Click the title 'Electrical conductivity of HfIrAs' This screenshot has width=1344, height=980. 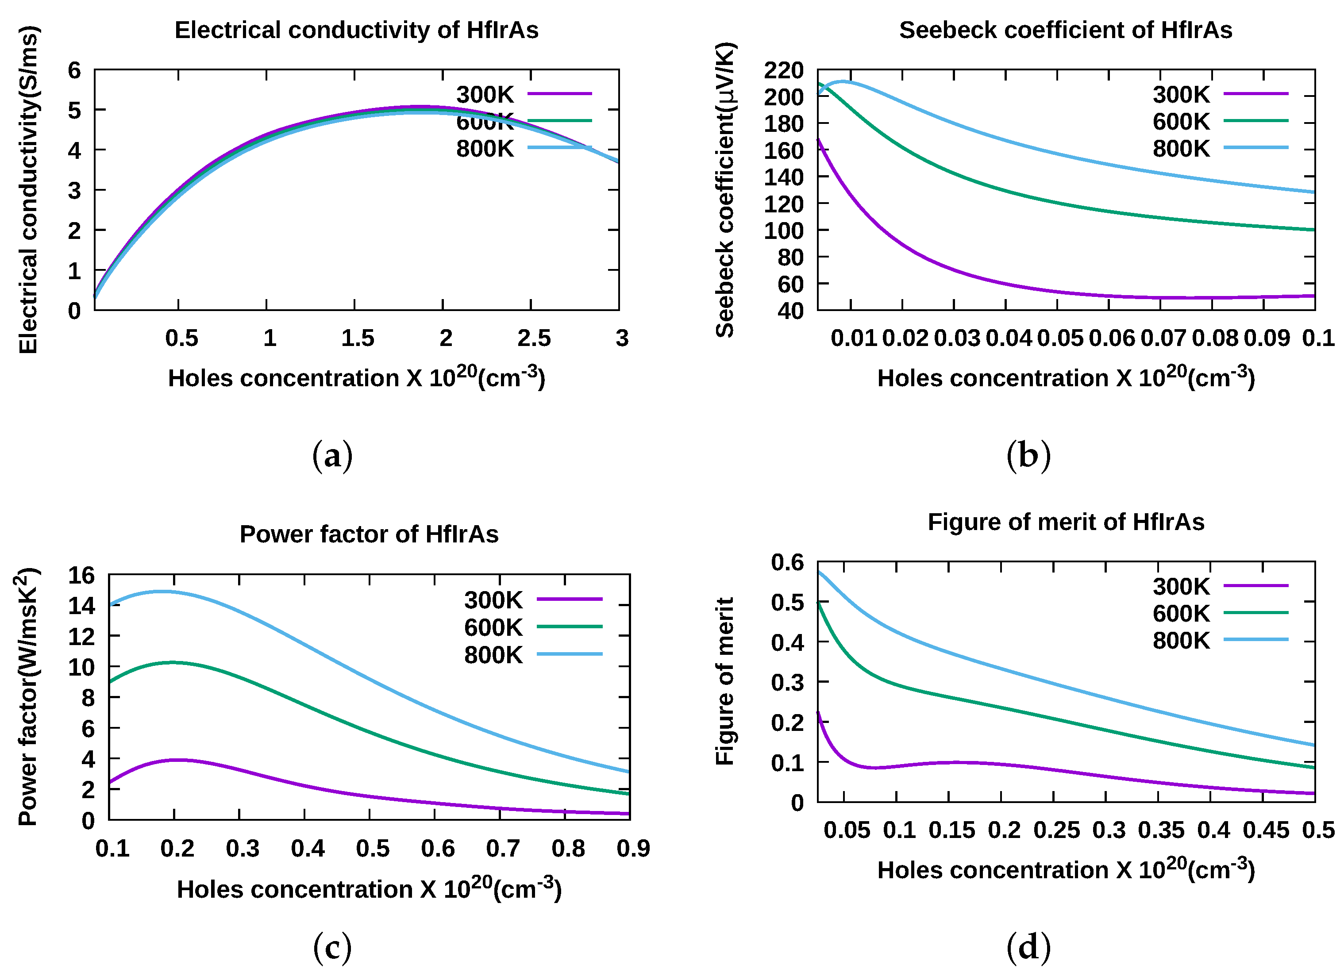pos(356,30)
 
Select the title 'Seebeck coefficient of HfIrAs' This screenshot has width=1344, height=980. pos(1065,30)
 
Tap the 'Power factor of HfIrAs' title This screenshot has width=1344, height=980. pos(369,534)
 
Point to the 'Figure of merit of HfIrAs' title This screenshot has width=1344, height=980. pos(1066,522)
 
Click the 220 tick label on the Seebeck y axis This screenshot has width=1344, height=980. pos(783,70)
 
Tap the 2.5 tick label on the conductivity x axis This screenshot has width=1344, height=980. pos(533,338)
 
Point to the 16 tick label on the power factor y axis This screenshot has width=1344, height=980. pos(81,575)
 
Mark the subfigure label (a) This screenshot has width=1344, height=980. pos(332,456)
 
